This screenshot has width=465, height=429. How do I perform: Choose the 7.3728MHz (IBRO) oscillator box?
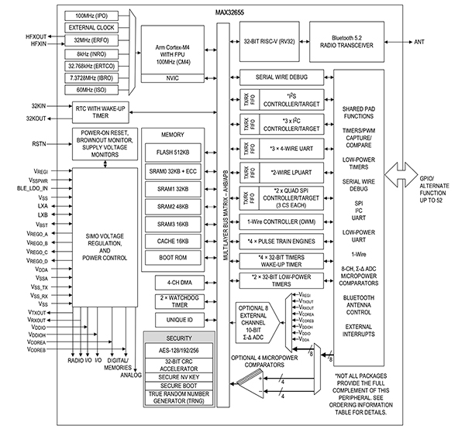[91, 79]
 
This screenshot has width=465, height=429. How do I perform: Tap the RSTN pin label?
[39, 144]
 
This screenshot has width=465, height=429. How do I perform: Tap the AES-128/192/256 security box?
[177, 349]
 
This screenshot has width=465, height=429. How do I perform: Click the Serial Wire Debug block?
[281, 77]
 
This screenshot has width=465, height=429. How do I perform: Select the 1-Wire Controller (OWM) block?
[281, 221]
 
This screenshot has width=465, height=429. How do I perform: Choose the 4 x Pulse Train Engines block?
[281, 241]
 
